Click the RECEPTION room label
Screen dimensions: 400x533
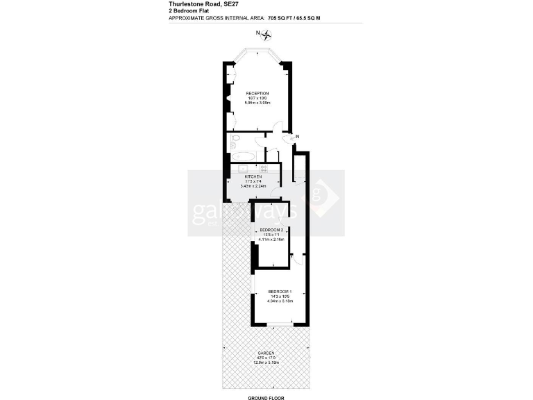pyautogui.click(x=257, y=93)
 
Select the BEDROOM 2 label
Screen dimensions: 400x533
pyautogui.click(x=271, y=230)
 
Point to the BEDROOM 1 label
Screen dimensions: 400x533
pyautogui.click(x=280, y=291)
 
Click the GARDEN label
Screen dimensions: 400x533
pyautogui.click(x=266, y=353)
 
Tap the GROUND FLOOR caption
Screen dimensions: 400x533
pyautogui.click(x=266, y=399)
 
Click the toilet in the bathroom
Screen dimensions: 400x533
pyautogui.click(x=235, y=142)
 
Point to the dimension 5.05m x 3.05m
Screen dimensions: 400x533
pyautogui.click(x=257, y=103)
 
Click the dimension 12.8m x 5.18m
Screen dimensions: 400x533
pyautogui.click(x=266, y=362)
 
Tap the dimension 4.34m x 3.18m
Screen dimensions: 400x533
pyautogui.click(x=280, y=301)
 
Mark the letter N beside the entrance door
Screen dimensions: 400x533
pyautogui.click(x=297, y=136)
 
